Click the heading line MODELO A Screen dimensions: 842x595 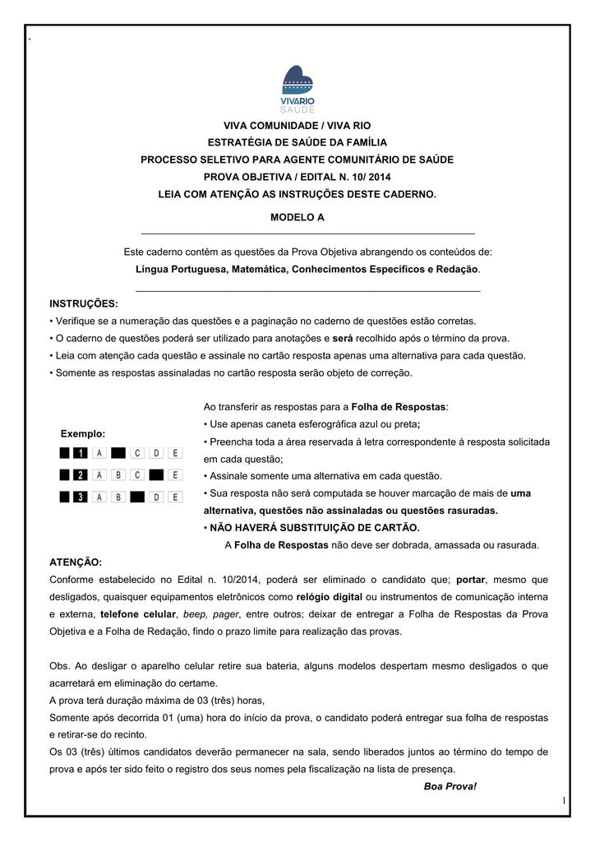[x=297, y=218]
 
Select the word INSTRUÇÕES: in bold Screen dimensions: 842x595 [x=84, y=303]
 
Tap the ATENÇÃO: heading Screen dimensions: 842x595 [x=76, y=562]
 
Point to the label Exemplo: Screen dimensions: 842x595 [x=83, y=433]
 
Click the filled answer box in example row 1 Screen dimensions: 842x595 [x=118, y=452]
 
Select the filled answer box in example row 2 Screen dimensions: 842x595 [x=156, y=474]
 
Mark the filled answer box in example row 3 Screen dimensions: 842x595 [x=137, y=496]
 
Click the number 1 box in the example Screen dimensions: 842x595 [x=81, y=452]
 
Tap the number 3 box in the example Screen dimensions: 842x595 [x=81, y=496]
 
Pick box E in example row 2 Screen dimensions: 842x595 [x=176, y=474]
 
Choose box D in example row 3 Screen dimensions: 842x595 [x=156, y=496]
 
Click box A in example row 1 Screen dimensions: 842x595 [x=99, y=452]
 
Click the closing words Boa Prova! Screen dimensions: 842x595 [x=450, y=786]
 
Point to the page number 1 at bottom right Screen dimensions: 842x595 [x=565, y=800]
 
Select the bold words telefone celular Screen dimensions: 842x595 [x=138, y=613]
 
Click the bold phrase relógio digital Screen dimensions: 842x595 [x=330, y=596]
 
